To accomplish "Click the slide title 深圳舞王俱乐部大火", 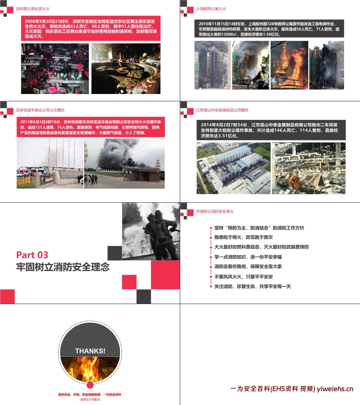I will click(x=33, y=9).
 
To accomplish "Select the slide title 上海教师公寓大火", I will click(x=211, y=9).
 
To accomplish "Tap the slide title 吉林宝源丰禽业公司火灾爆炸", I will click(x=40, y=110).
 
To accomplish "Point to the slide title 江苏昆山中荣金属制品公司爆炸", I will click(x=222, y=110).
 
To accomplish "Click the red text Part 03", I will click(x=32, y=255).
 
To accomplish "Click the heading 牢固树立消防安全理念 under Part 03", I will click(x=63, y=267).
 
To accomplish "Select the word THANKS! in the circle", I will click(x=90, y=351).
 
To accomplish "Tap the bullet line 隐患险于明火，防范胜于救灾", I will click(x=244, y=238).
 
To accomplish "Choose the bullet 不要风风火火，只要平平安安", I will click(x=244, y=277).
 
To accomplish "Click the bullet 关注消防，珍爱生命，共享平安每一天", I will click(x=253, y=286).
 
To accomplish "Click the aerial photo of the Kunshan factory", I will click(x=233, y=168).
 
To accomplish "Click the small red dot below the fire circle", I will click(x=90, y=385).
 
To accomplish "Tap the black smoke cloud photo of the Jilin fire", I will click(x=124, y=163).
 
